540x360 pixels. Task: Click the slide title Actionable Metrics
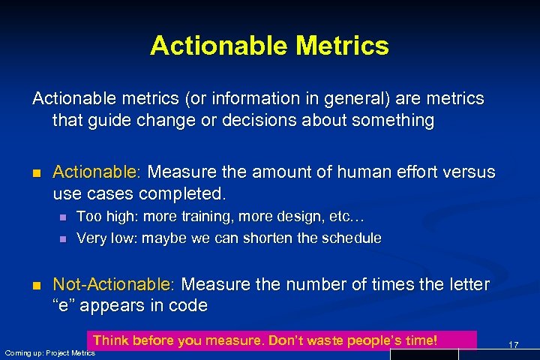click(x=269, y=46)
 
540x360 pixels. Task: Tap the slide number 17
click(x=514, y=344)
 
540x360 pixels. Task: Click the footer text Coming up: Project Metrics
click(x=50, y=352)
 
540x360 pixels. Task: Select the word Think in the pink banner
click(x=110, y=340)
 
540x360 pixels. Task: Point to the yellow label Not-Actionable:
click(x=113, y=285)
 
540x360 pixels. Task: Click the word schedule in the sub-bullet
click(x=352, y=238)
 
